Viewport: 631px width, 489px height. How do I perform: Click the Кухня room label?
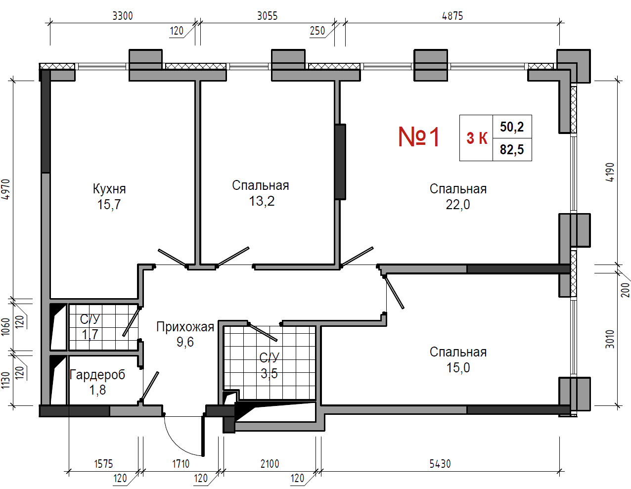pos(109,189)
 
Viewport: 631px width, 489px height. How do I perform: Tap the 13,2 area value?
pos(262,201)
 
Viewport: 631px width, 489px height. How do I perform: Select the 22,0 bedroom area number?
pos(457,205)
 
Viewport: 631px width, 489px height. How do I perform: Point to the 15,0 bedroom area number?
pos(458,368)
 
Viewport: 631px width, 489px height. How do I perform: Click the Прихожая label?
pos(185,327)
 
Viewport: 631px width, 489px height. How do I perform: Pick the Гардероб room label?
pos(97,375)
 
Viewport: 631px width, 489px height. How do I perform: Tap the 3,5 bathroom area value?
pos(269,373)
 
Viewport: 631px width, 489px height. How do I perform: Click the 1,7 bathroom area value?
pos(90,334)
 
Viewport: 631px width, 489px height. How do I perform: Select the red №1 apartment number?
pos(418,137)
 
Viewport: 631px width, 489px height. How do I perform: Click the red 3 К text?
pos(477,138)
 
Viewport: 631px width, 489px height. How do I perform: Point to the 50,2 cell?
pos(512,127)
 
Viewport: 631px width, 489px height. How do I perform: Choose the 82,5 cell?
pos(512,149)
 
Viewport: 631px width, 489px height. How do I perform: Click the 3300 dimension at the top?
pos(123,16)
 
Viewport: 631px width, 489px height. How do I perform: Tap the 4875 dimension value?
pos(452,16)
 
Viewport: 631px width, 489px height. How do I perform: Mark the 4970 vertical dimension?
pos(6,189)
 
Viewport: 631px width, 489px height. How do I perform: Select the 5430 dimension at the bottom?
pos(440,464)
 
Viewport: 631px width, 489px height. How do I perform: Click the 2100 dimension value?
pos(270,464)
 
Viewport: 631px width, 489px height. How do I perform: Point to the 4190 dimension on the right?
pos(610,173)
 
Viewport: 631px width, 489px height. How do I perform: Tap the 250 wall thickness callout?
pos(317,31)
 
